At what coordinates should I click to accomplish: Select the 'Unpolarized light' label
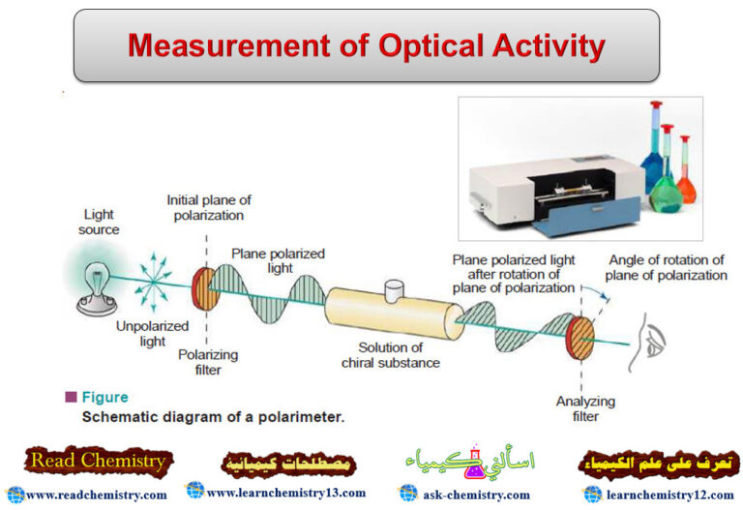[139, 334]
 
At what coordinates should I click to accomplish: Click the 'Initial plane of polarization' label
[205, 207]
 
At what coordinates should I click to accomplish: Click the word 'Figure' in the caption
[104, 397]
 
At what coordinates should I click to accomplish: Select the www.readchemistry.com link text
[96, 495]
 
